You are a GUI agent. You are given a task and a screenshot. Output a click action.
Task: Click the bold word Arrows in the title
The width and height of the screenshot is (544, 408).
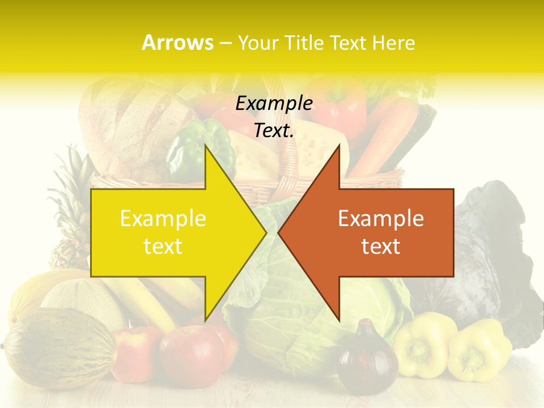pos(178,42)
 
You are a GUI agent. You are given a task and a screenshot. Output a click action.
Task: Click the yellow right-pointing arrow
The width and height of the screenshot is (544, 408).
pos(170,232)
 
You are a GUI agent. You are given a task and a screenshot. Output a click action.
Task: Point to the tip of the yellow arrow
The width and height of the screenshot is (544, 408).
pos(265,232)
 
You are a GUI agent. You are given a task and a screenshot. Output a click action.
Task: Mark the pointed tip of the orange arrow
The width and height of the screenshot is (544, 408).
pos(279,232)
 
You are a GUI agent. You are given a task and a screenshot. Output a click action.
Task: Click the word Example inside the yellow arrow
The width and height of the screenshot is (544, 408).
pos(163,219)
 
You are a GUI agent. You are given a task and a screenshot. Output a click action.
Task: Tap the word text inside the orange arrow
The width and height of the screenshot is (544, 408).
pos(381,246)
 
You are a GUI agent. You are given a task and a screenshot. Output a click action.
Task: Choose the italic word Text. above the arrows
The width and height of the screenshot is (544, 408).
pos(274,131)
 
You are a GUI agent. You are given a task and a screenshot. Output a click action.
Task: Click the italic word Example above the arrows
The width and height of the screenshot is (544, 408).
pos(274,104)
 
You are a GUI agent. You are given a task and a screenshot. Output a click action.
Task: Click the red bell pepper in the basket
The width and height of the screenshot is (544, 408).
pos(340,108)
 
